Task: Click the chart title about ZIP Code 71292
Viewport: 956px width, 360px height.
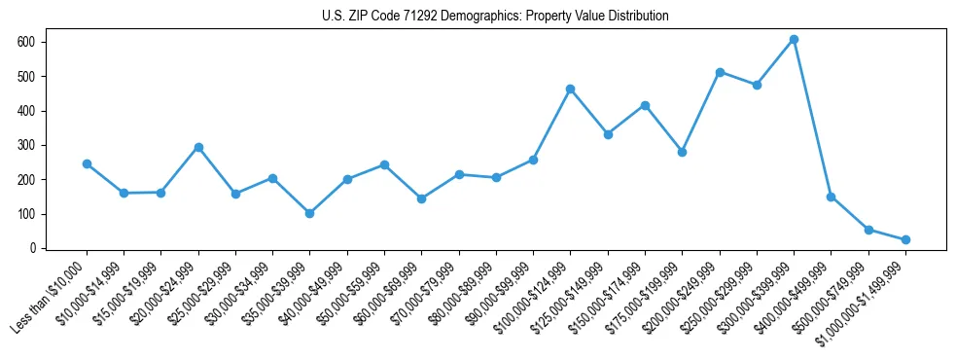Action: point(495,17)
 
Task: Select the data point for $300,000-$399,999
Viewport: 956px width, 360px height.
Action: point(794,40)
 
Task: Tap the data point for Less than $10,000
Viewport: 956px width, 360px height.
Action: point(87,163)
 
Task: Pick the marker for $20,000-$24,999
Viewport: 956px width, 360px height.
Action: point(198,147)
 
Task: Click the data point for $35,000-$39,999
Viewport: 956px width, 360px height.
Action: point(309,213)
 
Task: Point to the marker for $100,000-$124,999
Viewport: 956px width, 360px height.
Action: point(570,89)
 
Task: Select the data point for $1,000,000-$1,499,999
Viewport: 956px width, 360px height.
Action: point(905,239)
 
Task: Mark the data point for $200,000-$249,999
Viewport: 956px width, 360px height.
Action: point(720,72)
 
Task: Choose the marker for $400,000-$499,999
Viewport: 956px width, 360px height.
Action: point(831,197)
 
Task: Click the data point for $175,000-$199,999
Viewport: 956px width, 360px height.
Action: point(682,152)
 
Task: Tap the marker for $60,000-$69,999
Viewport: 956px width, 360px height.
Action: point(421,198)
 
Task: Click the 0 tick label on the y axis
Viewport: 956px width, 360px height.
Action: point(33,248)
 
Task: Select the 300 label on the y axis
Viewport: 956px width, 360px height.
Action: point(27,145)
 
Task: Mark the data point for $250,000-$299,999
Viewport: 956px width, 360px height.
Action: point(757,85)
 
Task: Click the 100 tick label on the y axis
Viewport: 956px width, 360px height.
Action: point(27,214)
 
